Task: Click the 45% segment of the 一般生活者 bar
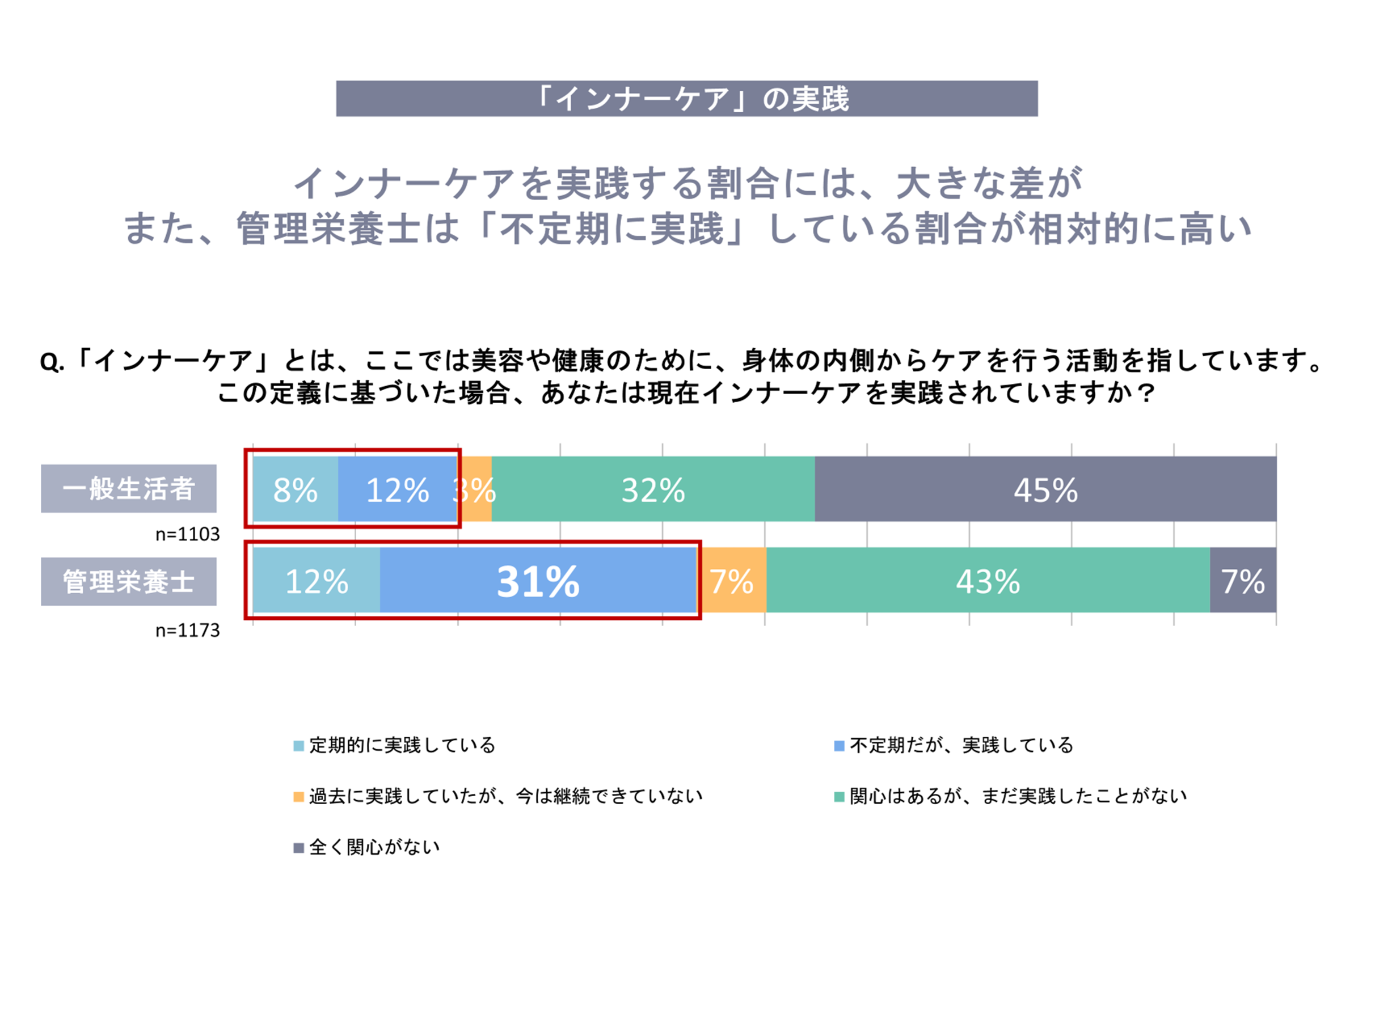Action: tap(1045, 489)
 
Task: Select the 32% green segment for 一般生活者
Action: tap(653, 489)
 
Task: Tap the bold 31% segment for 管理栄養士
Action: tap(538, 581)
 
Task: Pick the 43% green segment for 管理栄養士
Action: tap(988, 581)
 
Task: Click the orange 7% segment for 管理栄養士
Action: tap(732, 581)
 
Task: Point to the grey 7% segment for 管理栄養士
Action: tap(1243, 581)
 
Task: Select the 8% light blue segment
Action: tap(296, 489)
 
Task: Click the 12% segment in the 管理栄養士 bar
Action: tap(317, 581)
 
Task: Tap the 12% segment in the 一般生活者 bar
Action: tap(398, 489)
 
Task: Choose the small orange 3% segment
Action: tap(476, 489)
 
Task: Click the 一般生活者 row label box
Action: tap(129, 488)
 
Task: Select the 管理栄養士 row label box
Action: tap(129, 581)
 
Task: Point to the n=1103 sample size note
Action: tap(187, 534)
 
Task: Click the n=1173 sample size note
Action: tap(187, 630)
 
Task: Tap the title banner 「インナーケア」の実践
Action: tap(686, 98)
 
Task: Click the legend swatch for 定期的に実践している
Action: tap(298, 746)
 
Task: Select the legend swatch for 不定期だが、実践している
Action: tap(838, 746)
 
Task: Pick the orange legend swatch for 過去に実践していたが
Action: tap(298, 797)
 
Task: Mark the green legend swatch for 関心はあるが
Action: tap(838, 797)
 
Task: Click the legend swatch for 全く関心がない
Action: tap(298, 848)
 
